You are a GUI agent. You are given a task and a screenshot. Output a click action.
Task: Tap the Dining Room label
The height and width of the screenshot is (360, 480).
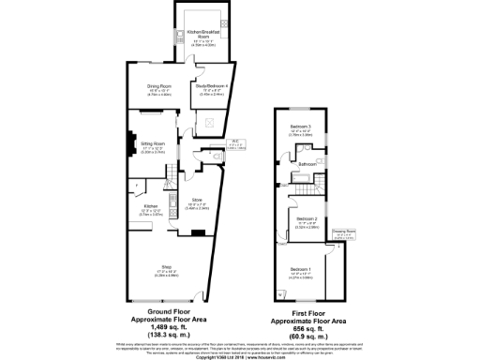[x=158, y=87]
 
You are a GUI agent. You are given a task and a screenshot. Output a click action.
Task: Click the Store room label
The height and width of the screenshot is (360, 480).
[x=197, y=201]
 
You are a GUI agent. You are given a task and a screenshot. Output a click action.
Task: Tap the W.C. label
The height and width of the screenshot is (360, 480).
[x=235, y=142]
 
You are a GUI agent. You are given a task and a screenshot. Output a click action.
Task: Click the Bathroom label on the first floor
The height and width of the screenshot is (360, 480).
[x=307, y=165]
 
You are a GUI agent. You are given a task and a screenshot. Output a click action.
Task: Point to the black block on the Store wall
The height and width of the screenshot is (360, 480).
[x=174, y=201]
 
